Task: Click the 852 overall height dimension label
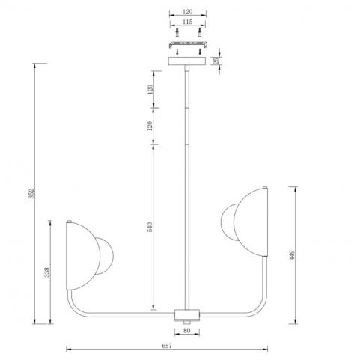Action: [x=31, y=192]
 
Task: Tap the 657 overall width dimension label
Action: [x=167, y=346]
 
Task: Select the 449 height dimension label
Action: [x=292, y=255]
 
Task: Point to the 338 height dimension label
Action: [x=47, y=272]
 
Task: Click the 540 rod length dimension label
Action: [x=150, y=227]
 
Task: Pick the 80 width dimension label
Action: [x=186, y=331]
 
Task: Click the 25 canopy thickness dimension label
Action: [x=216, y=61]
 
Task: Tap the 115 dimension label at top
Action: [x=187, y=22]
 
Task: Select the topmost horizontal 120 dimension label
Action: [x=188, y=12]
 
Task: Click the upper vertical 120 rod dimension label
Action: [x=150, y=89]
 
